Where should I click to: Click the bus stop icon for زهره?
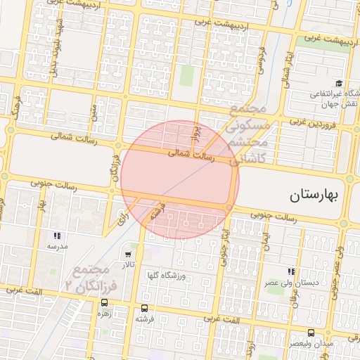[x=95, y=305]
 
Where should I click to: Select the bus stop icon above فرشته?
[x=144, y=308]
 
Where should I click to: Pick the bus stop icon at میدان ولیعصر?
[x=311, y=333]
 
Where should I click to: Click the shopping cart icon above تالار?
[x=128, y=254]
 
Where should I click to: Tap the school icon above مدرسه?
[x=57, y=236]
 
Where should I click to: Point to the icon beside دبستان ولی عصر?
[x=290, y=271]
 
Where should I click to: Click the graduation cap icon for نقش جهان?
[x=340, y=83]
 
